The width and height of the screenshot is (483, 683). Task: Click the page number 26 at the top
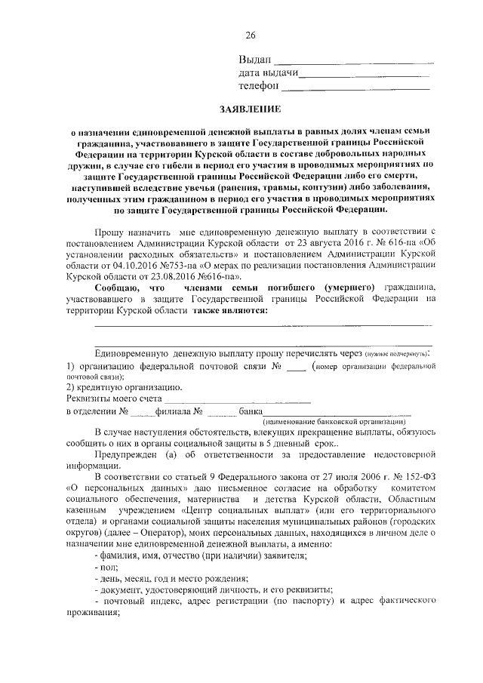(x=251, y=35)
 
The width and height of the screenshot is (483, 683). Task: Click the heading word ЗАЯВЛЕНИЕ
(x=251, y=109)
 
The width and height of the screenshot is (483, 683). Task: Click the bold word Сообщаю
(x=116, y=288)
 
